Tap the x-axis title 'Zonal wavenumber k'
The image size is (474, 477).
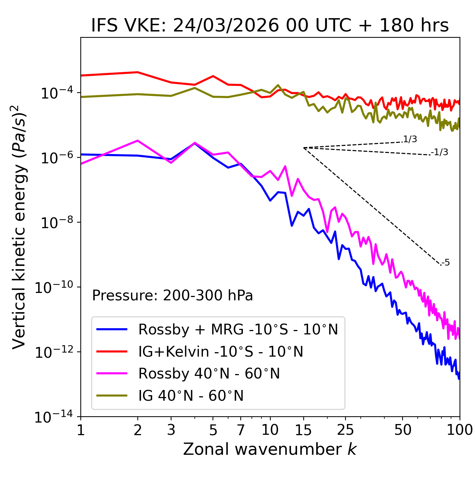270,449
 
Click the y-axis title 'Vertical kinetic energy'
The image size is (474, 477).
20,227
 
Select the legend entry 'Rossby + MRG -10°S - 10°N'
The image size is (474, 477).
238,329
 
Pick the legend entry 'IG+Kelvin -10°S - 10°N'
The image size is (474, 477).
221,351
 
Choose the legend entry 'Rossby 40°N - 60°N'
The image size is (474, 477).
209,374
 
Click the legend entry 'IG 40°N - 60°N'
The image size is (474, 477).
191,396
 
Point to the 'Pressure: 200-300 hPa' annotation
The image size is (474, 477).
173,296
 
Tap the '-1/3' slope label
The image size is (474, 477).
440,152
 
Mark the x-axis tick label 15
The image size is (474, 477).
303,430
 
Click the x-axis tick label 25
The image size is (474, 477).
346,430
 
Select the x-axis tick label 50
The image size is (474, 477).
403,430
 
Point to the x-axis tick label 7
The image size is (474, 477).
241,430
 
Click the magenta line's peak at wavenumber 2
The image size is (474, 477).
138,141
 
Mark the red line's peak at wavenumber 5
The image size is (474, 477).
213,76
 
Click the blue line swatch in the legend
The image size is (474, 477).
112,329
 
